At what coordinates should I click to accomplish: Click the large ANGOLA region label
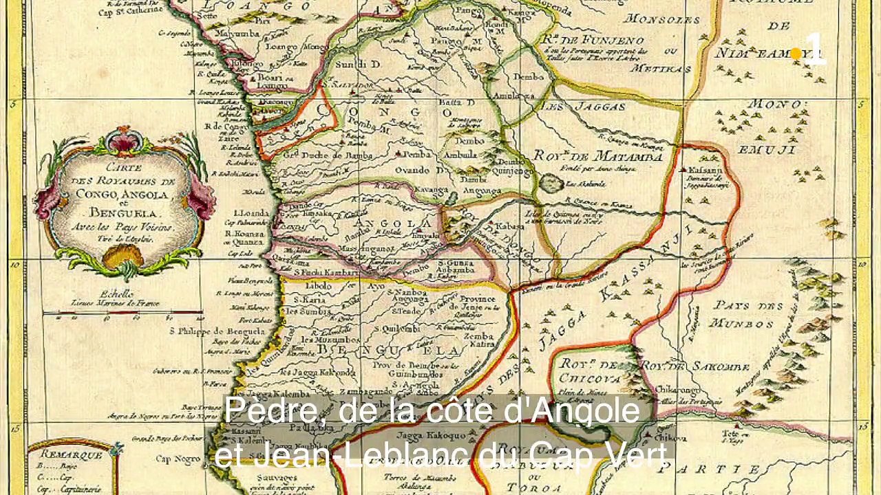tap(394, 223)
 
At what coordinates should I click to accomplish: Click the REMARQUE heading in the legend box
tap(71, 454)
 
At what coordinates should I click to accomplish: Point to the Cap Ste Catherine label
tap(135, 11)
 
